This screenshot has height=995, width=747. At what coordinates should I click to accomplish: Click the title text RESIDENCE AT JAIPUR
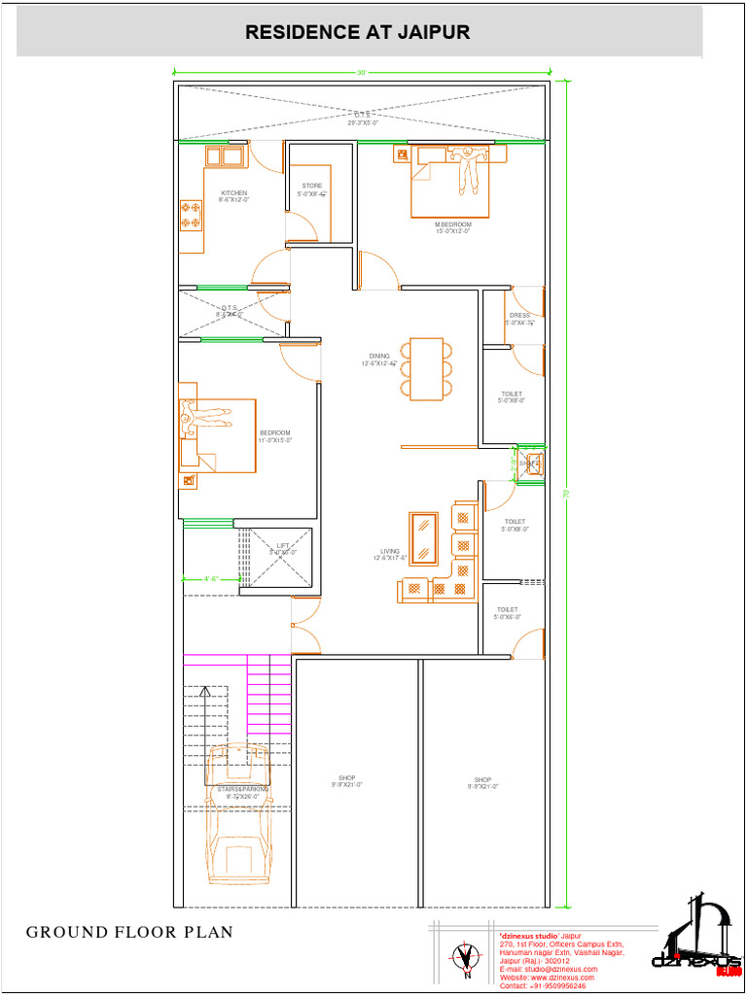pos(357,32)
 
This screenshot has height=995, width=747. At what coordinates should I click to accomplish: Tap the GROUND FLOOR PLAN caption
pos(129,932)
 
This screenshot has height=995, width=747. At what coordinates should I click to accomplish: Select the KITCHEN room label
pos(233,193)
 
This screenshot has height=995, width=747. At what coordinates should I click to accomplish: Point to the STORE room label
pos(311,186)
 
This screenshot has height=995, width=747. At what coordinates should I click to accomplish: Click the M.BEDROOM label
pos(453,224)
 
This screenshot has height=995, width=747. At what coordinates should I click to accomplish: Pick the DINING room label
pos(378,357)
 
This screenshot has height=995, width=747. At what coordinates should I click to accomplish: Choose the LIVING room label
pos(390,551)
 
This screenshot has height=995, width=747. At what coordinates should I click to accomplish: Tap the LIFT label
pos(283,546)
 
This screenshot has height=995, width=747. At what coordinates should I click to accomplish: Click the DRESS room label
pos(519,316)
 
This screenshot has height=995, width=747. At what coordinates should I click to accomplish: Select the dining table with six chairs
pos(426,368)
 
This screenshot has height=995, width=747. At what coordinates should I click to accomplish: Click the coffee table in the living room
pos(424,537)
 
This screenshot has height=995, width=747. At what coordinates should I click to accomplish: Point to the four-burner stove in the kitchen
pos(191,215)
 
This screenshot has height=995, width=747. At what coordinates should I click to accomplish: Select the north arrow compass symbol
pos(467,959)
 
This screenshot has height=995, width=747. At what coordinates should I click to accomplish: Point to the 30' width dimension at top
pos(361,73)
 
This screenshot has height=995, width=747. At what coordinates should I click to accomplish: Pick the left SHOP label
pos(347,778)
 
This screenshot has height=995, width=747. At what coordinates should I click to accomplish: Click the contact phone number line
pos(542,985)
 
